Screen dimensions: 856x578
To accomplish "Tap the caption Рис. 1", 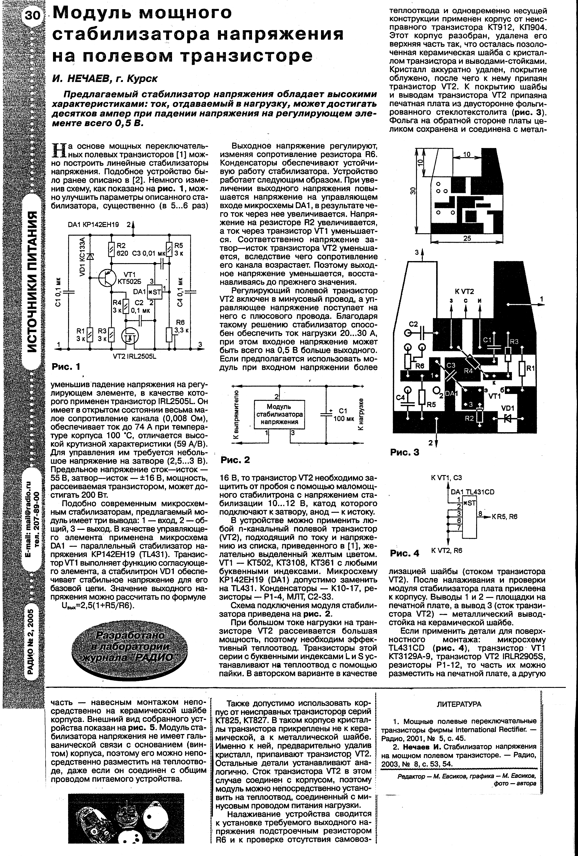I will click(66, 367).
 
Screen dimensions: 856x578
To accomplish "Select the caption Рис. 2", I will click(235, 460).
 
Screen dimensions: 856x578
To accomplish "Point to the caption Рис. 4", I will click(404, 553).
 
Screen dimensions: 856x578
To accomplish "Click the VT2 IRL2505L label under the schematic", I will click(133, 357).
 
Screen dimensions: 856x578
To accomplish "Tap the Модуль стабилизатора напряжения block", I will click(279, 414).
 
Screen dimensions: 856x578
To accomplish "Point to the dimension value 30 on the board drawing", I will click(413, 191).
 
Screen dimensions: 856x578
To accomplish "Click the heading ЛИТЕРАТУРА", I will click(459, 704).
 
